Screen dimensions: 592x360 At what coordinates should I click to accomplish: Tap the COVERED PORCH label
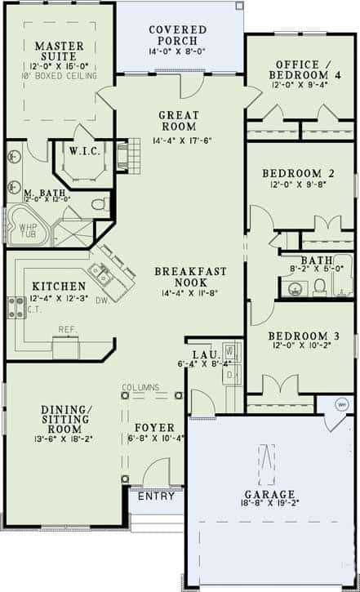tap(178, 37)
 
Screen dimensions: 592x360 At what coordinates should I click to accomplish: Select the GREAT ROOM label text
tap(178, 121)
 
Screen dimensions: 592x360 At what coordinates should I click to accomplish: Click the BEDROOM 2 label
tap(298, 173)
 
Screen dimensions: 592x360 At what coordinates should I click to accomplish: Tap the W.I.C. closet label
tap(84, 151)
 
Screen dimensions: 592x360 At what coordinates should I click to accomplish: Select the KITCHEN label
tap(59, 287)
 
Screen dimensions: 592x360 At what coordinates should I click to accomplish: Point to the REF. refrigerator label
tap(67, 330)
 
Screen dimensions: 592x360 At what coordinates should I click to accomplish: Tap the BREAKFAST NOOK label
tap(190, 278)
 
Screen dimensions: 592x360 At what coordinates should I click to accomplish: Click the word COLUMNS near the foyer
tap(140, 386)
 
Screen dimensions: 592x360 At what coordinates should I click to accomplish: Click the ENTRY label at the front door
tap(156, 496)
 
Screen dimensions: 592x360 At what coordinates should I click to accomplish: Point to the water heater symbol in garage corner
tap(342, 405)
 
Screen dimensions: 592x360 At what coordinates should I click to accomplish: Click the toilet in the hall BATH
tap(320, 285)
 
